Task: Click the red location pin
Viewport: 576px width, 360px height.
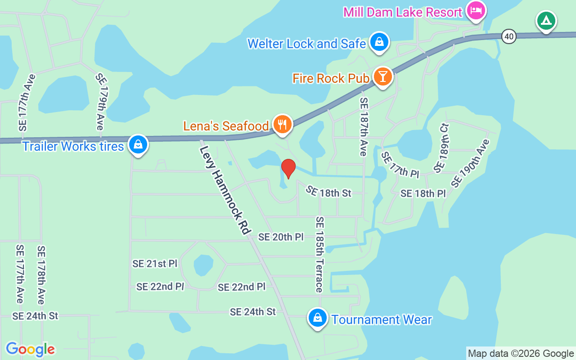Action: click(288, 168)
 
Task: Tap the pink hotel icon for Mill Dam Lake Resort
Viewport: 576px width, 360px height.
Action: click(475, 11)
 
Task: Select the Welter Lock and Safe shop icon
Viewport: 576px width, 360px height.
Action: click(379, 42)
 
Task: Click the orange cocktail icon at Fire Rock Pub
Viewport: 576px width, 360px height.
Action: click(382, 77)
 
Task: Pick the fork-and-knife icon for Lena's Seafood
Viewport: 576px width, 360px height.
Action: click(282, 124)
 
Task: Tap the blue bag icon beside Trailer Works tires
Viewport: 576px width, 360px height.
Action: click(138, 144)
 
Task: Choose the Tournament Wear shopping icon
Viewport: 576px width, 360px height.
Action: click(318, 318)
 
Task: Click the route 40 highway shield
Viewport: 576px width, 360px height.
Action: click(509, 36)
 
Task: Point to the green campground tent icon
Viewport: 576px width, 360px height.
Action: click(546, 21)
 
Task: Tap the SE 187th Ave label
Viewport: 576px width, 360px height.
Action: click(364, 127)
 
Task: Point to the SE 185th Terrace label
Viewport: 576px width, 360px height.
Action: click(319, 254)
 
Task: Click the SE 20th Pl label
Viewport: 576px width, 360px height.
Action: click(281, 237)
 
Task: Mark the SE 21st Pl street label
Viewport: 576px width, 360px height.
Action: click(155, 264)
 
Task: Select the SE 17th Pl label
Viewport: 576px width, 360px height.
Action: click(400, 165)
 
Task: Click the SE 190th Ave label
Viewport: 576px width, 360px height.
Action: click(470, 163)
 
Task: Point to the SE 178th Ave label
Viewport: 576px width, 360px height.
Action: click(41, 275)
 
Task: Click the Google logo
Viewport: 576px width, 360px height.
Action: click(30, 349)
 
